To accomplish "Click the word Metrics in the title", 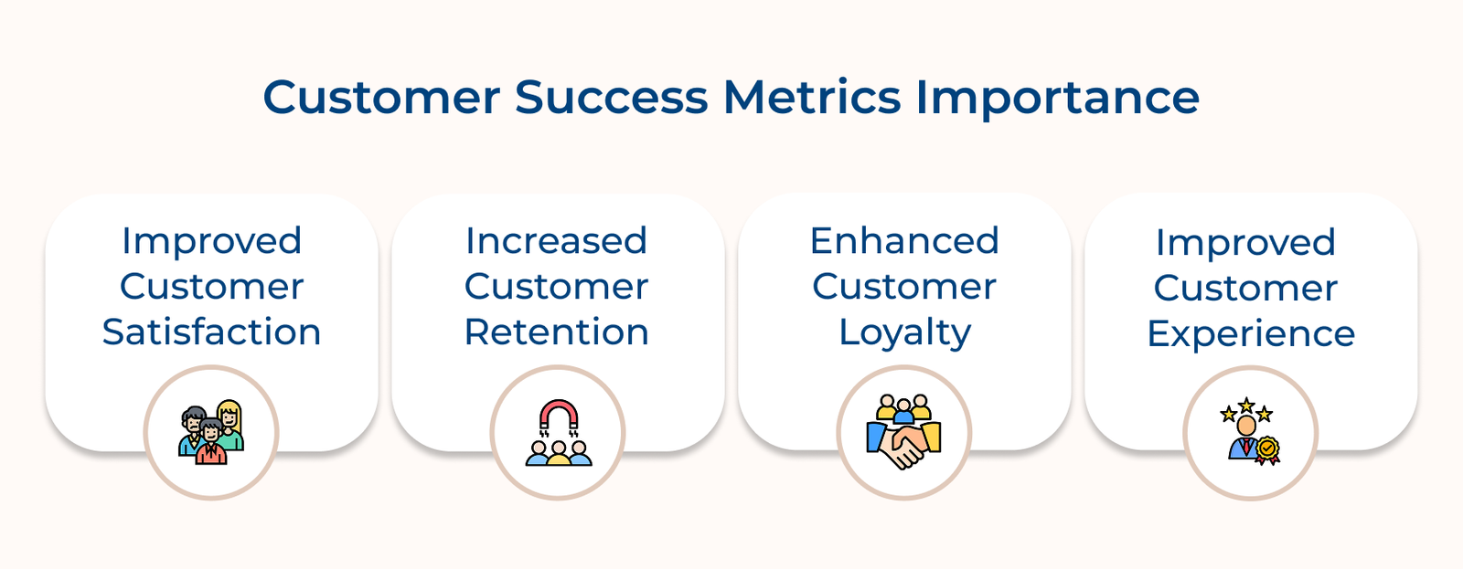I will click(812, 98).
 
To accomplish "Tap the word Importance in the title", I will click(1057, 98).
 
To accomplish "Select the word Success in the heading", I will click(611, 98).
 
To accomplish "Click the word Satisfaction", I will click(211, 332).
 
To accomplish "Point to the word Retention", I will click(557, 332).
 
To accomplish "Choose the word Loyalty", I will click(904, 333).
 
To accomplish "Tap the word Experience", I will click(1251, 333).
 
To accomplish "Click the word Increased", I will click(557, 241).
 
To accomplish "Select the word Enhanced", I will click(904, 241).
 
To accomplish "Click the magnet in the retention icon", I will click(558, 416).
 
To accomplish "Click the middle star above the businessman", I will click(1246, 405).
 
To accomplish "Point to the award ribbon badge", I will click(1266, 449).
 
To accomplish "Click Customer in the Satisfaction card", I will click(211, 287).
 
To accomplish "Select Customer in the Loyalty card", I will click(904, 287).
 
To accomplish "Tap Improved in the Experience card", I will click(1245, 243).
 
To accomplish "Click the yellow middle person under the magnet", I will click(558, 453).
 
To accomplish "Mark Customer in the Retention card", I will click(557, 287).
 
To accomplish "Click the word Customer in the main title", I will click(380, 98).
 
